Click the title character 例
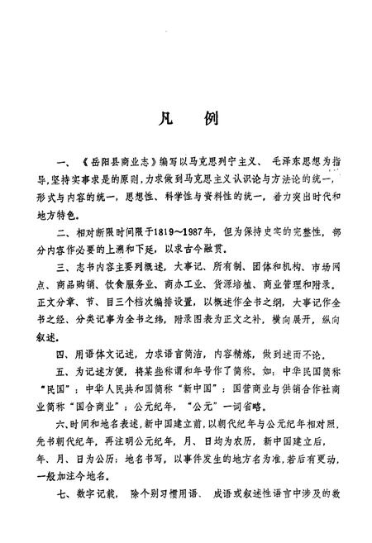pos(208,117)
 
